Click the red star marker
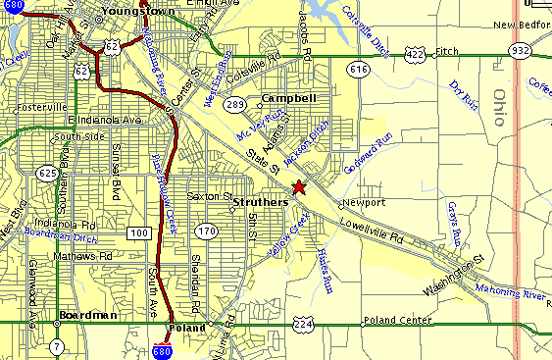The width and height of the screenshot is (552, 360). [x=299, y=186]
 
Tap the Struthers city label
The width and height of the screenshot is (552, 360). [x=260, y=201]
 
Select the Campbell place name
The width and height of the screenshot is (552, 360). [x=289, y=99]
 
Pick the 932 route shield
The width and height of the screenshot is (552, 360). [x=519, y=49]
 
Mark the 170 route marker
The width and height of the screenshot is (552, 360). [x=206, y=231]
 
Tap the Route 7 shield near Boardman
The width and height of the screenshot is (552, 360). [x=58, y=346]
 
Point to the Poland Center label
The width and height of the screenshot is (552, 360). [x=398, y=321]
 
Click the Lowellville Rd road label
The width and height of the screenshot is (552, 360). [x=373, y=225]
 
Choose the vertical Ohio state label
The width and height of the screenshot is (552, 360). [x=499, y=108]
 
